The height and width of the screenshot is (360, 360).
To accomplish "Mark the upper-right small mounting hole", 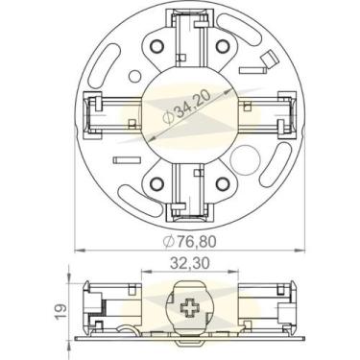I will coord(224,45).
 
